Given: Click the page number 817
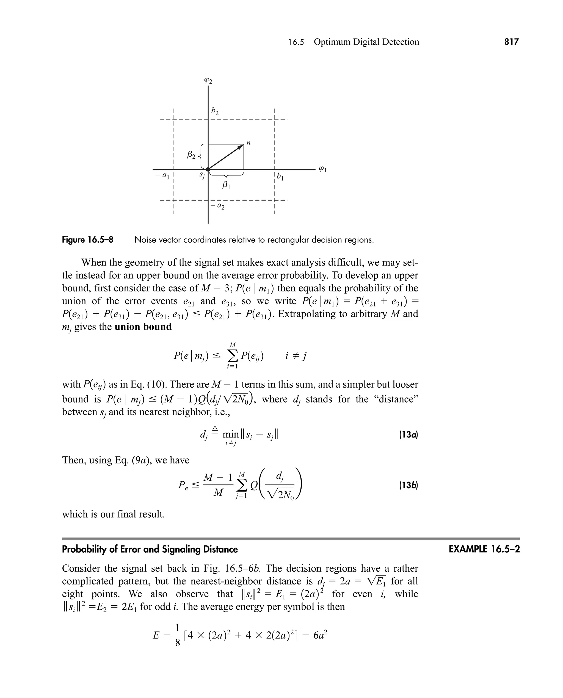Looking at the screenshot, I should (x=511, y=42).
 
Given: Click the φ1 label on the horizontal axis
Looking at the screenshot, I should (x=322, y=169).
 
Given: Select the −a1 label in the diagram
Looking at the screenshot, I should (x=163, y=176).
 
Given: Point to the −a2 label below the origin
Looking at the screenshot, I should (x=218, y=206).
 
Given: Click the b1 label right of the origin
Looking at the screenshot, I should (x=280, y=177).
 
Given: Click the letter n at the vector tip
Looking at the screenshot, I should (x=249, y=143).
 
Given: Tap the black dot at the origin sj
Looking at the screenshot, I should (x=208, y=169).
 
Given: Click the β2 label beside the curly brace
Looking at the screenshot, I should (x=191, y=155).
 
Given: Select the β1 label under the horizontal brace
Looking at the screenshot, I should (x=226, y=186).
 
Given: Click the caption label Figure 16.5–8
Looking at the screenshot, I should (x=88, y=240).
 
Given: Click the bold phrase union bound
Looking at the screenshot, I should (x=143, y=327).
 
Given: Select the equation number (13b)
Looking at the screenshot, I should (x=408, y=486).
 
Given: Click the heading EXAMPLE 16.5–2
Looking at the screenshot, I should (x=484, y=549).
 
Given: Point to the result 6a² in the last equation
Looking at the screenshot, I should (x=321, y=635).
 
